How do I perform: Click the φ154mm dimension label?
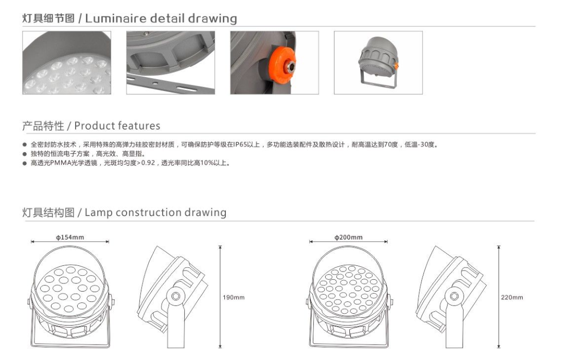coord(70,237)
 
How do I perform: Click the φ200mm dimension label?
coord(348,237)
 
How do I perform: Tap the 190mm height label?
coord(234,297)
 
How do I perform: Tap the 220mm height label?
coord(512,297)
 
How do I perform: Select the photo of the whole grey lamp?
coord(378,63)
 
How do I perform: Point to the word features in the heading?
coord(139,126)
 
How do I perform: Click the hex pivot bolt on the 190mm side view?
coord(176,296)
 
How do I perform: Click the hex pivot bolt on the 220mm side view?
coord(454,296)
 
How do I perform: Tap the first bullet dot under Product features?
coord(25,145)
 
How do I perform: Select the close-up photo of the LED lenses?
coord(67,63)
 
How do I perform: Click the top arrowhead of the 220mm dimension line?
coord(499,247)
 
